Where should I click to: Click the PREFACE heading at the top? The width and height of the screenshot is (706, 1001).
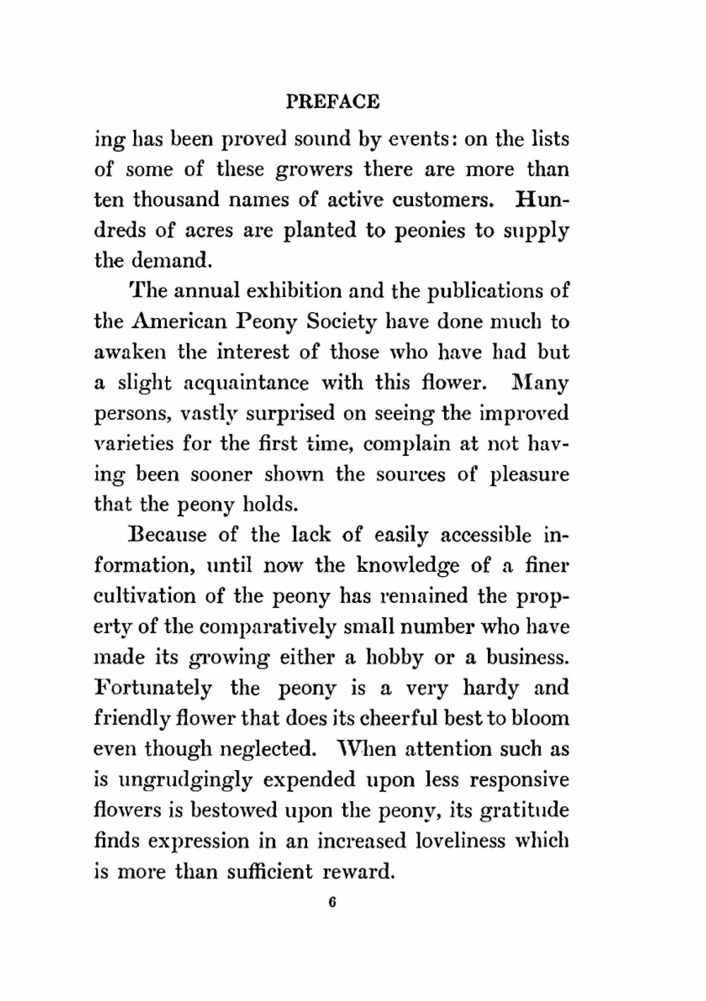point(333,102)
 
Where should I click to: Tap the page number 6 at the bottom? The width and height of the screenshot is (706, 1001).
point(331,903)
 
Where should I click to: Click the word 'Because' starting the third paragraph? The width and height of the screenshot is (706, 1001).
point(168,535)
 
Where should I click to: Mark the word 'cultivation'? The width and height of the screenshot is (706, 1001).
point(145,596)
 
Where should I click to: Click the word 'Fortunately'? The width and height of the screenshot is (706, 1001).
point(152,688)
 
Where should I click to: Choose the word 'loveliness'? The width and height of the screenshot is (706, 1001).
point(460,841)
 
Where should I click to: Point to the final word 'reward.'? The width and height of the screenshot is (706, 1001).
point(358,872)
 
